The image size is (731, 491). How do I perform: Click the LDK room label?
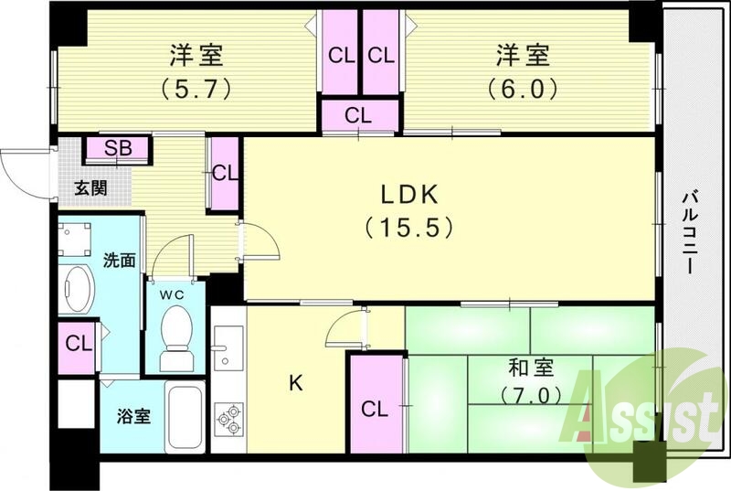coord(410,194)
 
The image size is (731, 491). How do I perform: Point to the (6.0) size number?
coord(523,90)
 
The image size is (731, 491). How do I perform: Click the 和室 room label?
coord(531,368)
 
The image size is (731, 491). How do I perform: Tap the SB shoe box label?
coord(117,148)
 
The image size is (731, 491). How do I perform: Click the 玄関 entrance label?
coord(90,189)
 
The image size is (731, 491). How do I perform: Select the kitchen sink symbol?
coord(227,352)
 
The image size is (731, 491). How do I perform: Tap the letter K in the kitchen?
coord(294,384)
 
